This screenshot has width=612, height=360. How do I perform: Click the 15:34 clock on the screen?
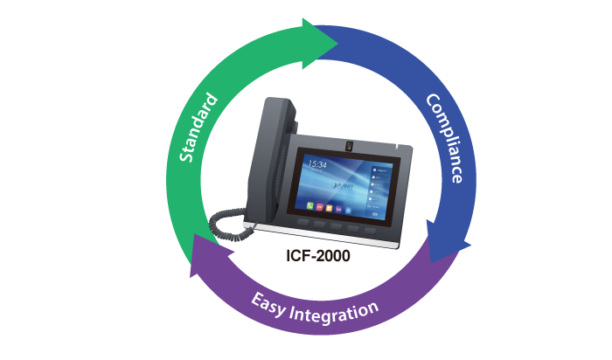[317, 164]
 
